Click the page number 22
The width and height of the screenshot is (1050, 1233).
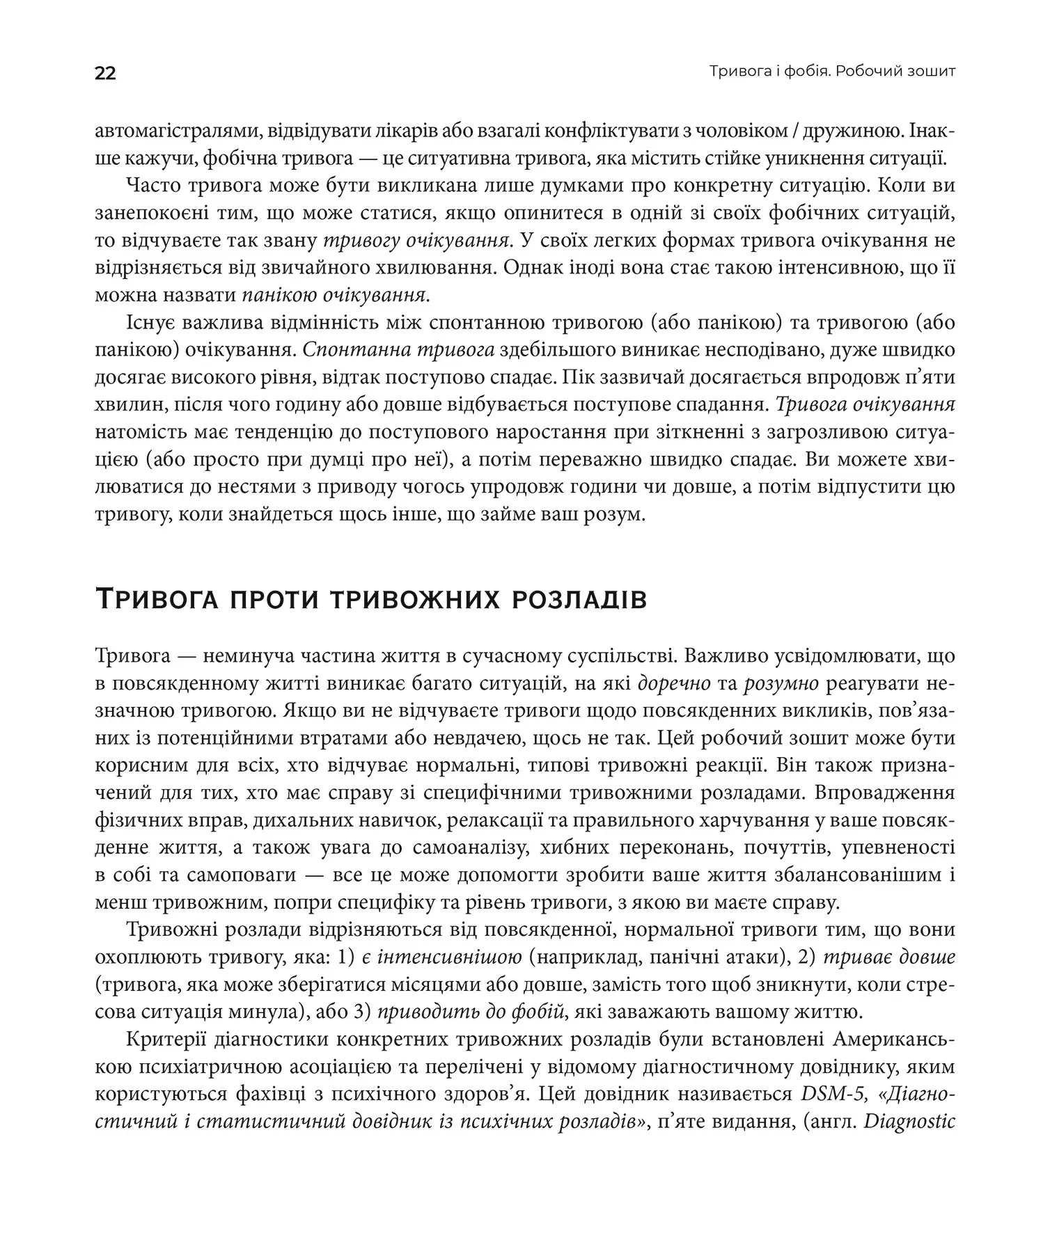click(105, 73)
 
